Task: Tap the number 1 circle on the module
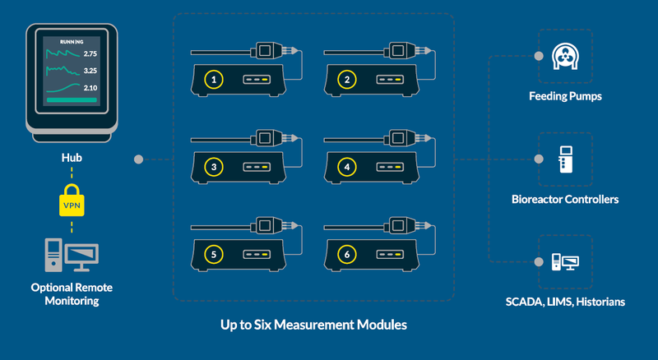[x=214, y=80]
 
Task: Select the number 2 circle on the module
[x=348, y=80]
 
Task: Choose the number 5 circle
[x=214, y=256]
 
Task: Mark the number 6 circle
[x=348, y=256]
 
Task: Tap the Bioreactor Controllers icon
[x=566, y=159]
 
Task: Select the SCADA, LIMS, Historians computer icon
[x=566, y=263]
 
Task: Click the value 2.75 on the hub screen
[x=90, y=53]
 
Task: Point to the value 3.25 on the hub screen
[x=90, y=71]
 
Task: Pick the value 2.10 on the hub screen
[x=90, y=88]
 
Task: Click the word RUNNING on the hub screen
[x=68, y=40]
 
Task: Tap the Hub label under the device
[x=71, y=155]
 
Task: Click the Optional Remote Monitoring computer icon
[x=71, y=256]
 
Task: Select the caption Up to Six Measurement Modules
[x=313, y=325]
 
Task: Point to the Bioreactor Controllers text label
[x=565, y=200]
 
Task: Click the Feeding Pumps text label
[x=565, y=96]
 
